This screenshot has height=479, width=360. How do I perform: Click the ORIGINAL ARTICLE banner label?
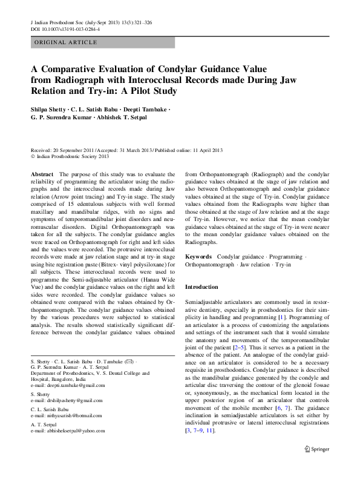coord(66,42)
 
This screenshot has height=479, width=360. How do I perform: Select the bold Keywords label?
coord(198,257)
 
